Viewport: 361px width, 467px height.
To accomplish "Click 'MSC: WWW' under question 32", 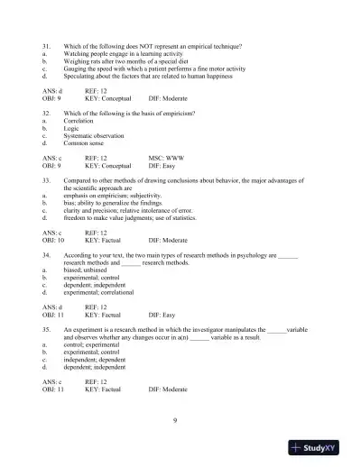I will pyautogui.click(x=166, y=158).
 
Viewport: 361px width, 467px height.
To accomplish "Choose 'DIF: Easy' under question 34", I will pyautogui.click(x=162, y=315).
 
